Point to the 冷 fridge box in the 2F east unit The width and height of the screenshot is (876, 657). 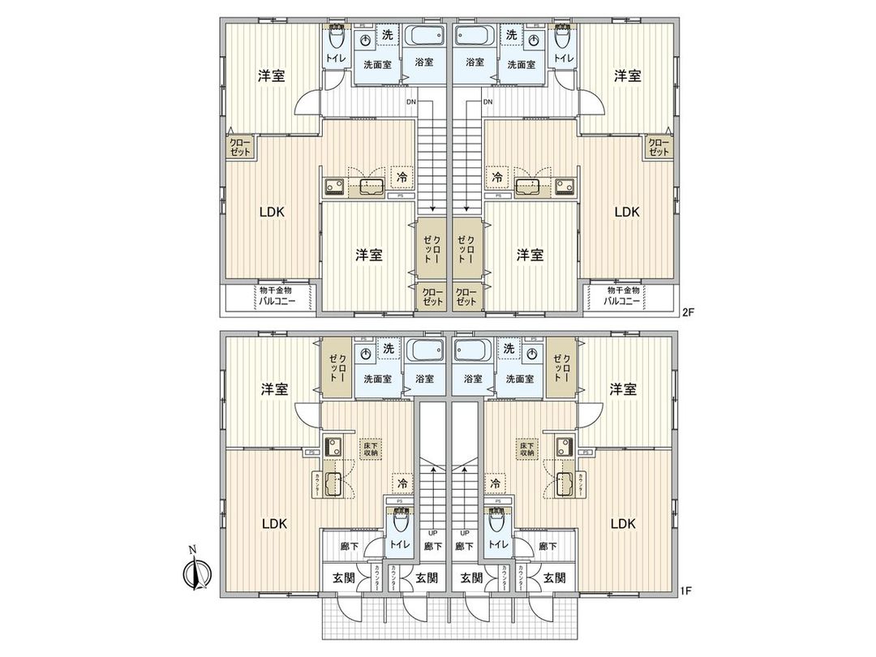pyautogui.click(x=496, y=175)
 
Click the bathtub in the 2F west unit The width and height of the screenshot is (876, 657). pyautogui.click(x=424, y=37)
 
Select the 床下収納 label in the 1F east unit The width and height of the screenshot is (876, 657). pyautogui.click(x=527, y=449)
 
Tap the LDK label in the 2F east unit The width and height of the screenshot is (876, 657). pyautogui.click(x=626, y=213)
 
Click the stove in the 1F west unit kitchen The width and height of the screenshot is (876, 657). pyautogui.click(x=333, y=446)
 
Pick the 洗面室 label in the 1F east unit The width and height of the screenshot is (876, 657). pyautogui.click(x=519, y=379)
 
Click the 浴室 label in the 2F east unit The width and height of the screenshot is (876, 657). pyautogui.click(x=474, y=62)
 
